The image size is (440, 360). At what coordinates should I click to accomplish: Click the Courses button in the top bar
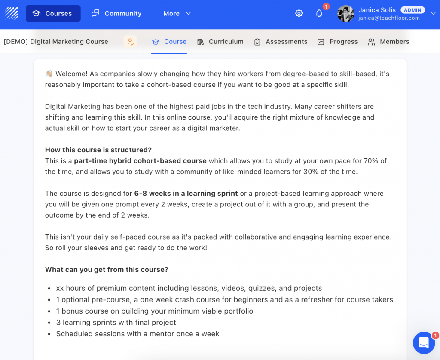[x=53, y=13]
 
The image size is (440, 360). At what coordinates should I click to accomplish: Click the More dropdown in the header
[x=177, y=13]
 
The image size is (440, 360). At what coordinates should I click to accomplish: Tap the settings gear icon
[x=299, y=13]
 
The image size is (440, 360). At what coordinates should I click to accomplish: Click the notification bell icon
[x=319, y=13]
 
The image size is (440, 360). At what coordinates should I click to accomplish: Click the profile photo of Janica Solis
[x=345, y=13]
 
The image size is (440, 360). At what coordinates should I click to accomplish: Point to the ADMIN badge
[x=412, y=10]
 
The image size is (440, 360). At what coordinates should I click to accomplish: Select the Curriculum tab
[x=220, y=42]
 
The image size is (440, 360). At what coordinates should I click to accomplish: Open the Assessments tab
[x=281, y=42]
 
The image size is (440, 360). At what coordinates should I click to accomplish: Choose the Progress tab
[x=338, y=42]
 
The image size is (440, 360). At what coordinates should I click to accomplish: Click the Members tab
[x=388, y=42]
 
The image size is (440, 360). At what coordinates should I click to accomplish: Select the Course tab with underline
[x=169, y=42]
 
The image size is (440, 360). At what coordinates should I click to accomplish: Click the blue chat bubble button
[x=424, y=343]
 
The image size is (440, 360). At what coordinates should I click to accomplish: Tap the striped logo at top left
[x=12, y=13]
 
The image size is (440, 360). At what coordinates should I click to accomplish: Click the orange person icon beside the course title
[x=130, y=42]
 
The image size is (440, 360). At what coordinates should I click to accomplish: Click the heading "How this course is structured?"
[x=98, y=150]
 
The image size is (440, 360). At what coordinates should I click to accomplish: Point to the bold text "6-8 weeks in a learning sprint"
[x=186, y=193]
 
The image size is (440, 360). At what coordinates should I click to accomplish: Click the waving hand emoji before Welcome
[x=49, y=74]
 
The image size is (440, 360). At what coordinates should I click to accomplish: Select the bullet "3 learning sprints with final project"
[x=116, y=322]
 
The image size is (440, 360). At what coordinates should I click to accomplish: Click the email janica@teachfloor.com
[x=389, y=18]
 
